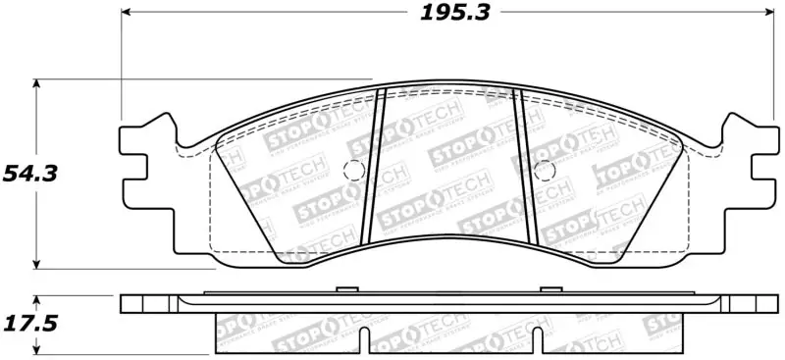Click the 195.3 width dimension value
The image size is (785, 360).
coord(455,13)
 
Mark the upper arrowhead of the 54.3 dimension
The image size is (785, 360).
coord(37,84)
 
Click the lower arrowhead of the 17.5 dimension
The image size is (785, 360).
coord(37,350)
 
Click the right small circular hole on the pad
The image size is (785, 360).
coord(543,169)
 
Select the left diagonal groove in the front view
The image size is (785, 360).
coord(373,167)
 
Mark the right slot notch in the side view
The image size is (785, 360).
coord(537,342)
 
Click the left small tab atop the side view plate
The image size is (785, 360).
coord(344,288)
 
